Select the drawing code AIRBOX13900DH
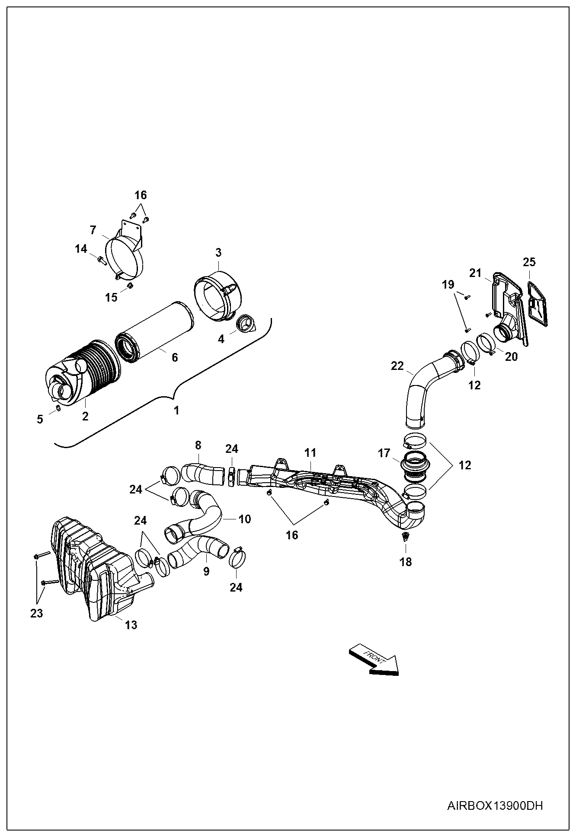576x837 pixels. (x=495, y=805)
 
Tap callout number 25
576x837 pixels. (x=529, y=262)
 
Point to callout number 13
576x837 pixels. (x=131, y=624)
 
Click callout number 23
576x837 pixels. (x=37, y=613)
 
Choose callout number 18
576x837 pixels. (x=406, y=562)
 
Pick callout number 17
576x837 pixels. (x=384, y=453)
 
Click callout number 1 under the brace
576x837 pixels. (x=176, y=410)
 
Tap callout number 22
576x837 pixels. (x=397, y=366)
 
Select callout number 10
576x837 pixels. (x=245, y=519)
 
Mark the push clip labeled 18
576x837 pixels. (x=406, y=537)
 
